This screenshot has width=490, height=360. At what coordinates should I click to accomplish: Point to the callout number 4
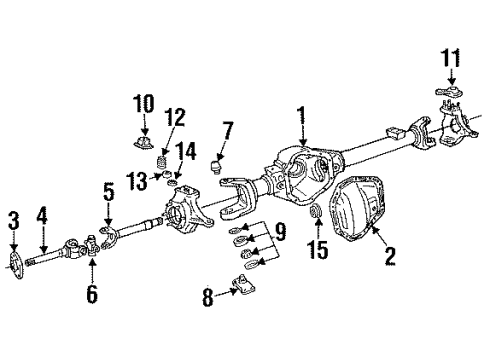[42, 214]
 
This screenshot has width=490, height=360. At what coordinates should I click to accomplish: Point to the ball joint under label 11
[445, 97]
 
